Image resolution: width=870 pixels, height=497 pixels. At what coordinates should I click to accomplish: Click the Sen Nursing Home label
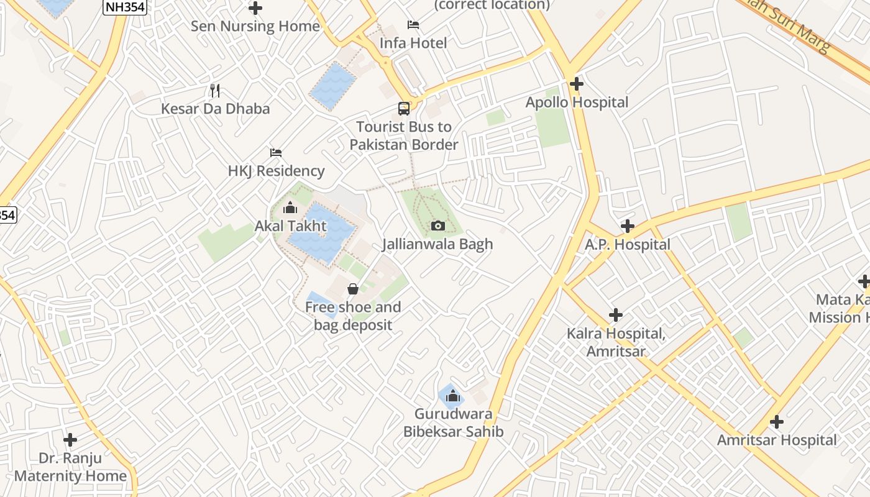point(255,26)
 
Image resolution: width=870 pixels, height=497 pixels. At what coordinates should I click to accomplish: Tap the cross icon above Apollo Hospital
point(577,83)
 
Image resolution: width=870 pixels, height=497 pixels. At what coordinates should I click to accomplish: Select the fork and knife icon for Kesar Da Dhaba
point(215,91)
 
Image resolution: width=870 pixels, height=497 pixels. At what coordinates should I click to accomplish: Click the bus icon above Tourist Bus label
point(404,109)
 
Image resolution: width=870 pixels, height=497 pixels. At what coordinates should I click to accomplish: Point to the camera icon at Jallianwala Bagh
point(438,226)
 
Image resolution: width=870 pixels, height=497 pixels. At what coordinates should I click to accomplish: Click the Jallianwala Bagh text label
point(437,244)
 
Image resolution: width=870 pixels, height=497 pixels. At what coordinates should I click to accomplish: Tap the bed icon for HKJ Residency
point(276,153)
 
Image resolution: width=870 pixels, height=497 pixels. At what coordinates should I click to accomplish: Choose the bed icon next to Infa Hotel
point(413,25)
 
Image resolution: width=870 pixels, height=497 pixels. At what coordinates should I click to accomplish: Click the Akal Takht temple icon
point(290,207)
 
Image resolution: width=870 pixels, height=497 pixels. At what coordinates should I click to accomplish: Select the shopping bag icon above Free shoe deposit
point(352,289)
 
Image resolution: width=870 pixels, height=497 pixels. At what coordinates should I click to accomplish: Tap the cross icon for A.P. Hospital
point(628,226)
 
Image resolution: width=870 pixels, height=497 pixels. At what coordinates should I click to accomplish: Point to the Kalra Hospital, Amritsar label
point(616,342)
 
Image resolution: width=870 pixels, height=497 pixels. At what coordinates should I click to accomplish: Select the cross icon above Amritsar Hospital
point(776,422)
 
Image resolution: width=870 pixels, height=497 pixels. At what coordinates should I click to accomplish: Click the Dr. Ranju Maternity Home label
point(70,467)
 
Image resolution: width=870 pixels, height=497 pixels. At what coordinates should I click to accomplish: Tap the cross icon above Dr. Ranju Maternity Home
point(70,440)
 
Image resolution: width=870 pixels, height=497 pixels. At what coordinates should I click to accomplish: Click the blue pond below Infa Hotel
point(334,86)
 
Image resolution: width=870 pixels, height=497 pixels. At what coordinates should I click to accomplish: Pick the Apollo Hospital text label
point(577,103)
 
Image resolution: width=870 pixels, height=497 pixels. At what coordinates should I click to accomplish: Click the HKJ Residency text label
point(276,171)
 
